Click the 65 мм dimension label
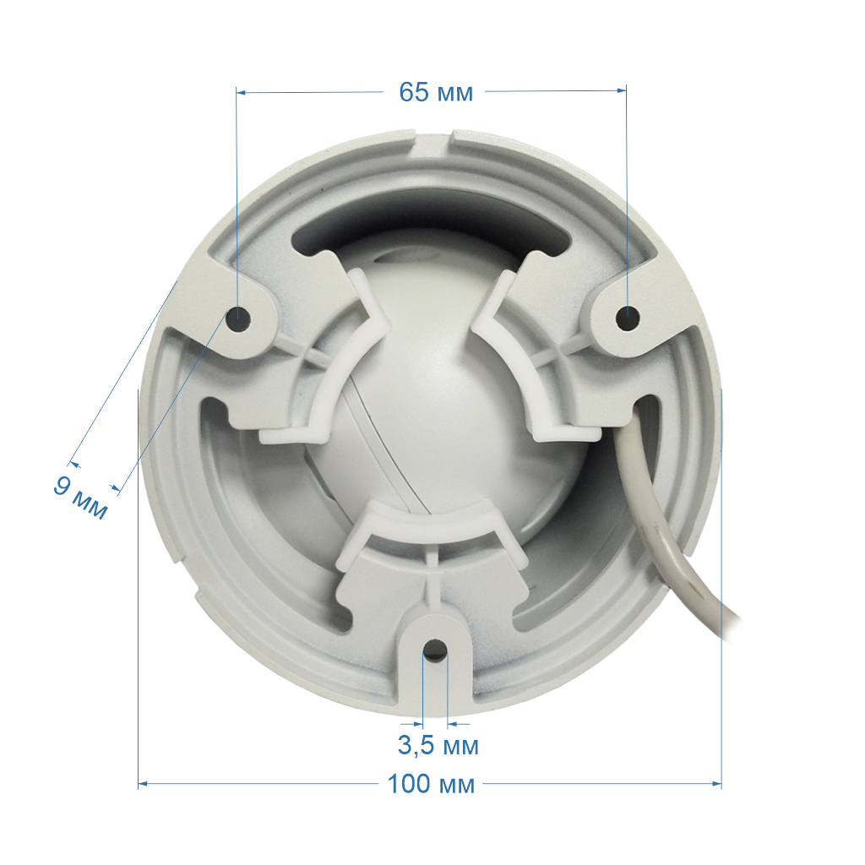(x=436, y=92)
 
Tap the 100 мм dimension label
(x=431, y=784)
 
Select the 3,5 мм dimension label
(x=438, y=746)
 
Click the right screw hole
(x=628, y=318)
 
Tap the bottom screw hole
(x=435, y=650)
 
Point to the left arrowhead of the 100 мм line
(x=142, y=783)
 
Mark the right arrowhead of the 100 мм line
(x=717, y=783)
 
